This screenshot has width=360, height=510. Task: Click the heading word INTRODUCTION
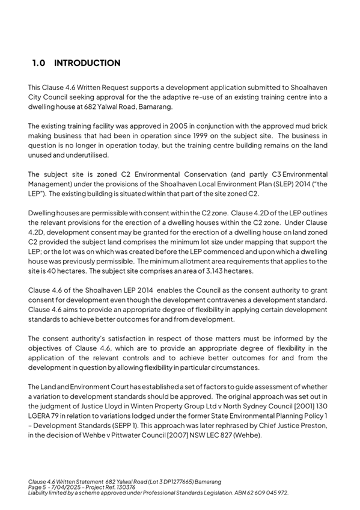(87, 63)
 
